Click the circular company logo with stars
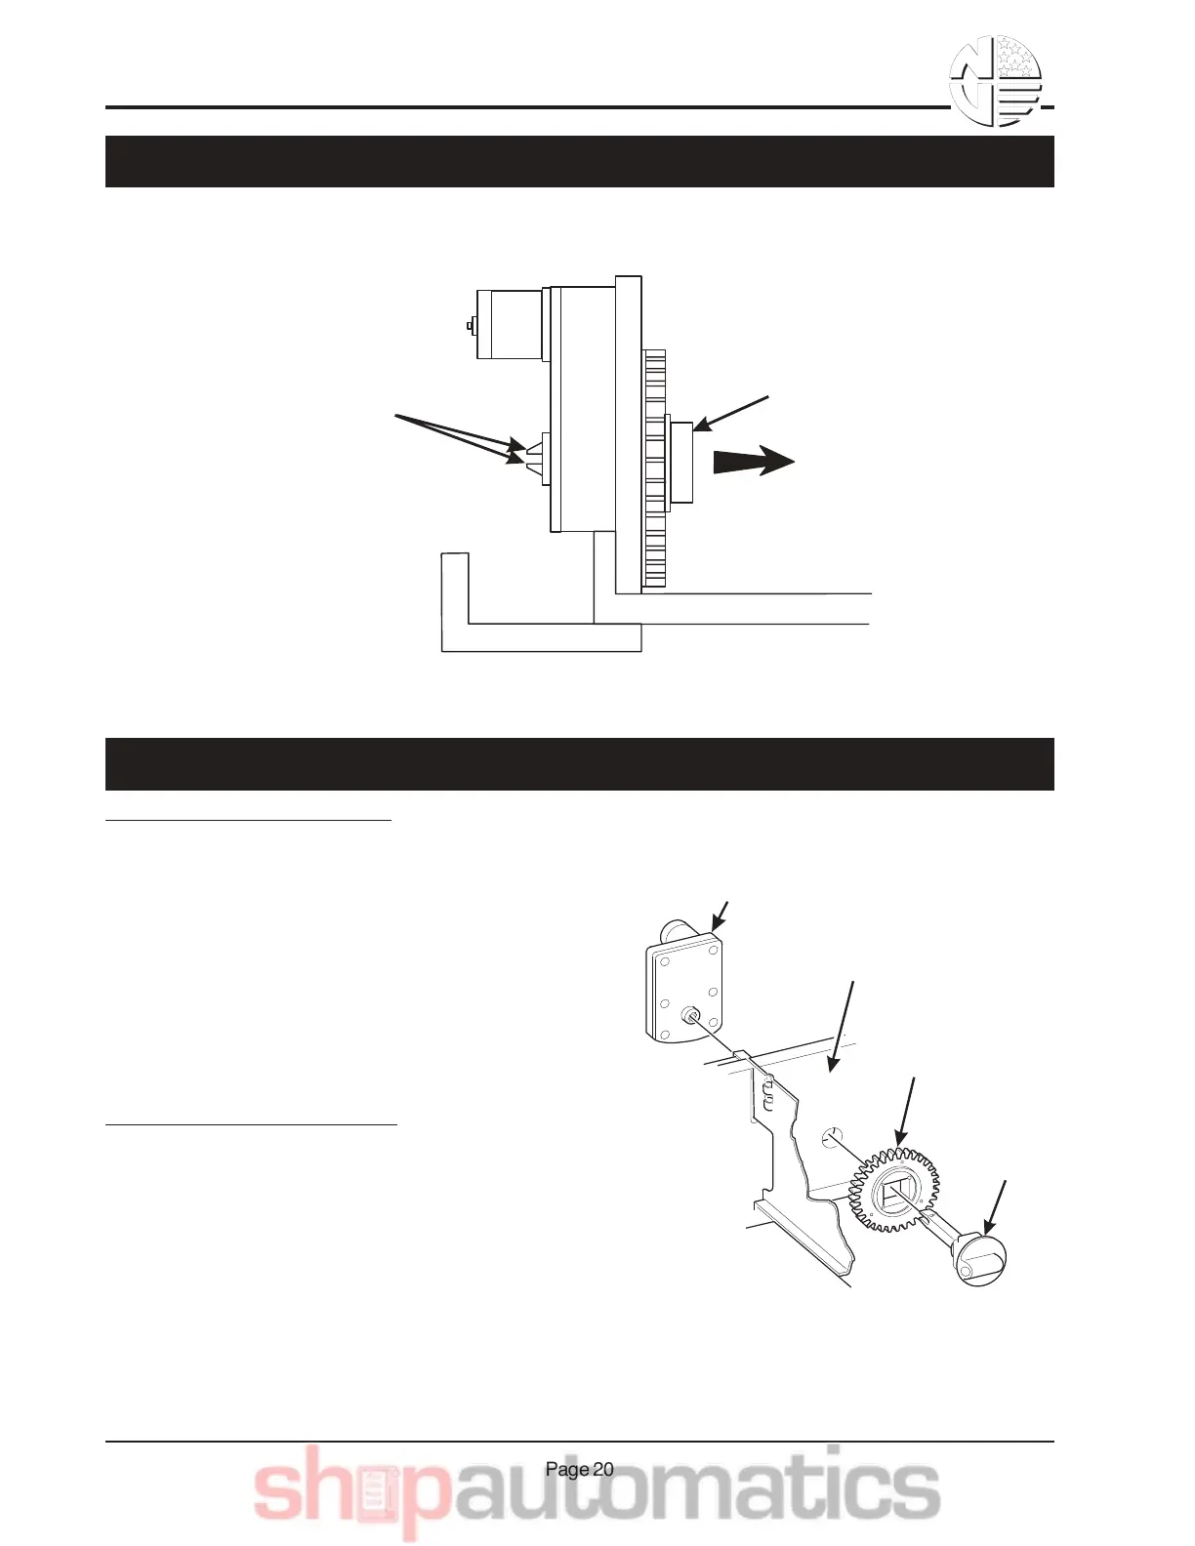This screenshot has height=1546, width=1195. [996, 82]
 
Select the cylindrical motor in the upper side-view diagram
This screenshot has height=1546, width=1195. [509, 324]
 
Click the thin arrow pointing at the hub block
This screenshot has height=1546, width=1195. [732, 413]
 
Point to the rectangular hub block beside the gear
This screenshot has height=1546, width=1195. [680, 461]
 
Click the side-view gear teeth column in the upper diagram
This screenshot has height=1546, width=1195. [654, 468]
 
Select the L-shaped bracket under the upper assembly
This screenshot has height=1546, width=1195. [537, 625]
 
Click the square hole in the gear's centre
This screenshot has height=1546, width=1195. [895, 1196]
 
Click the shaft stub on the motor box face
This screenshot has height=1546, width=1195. [692, 1015]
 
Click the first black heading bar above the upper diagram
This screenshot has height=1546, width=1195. [579, 161]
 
